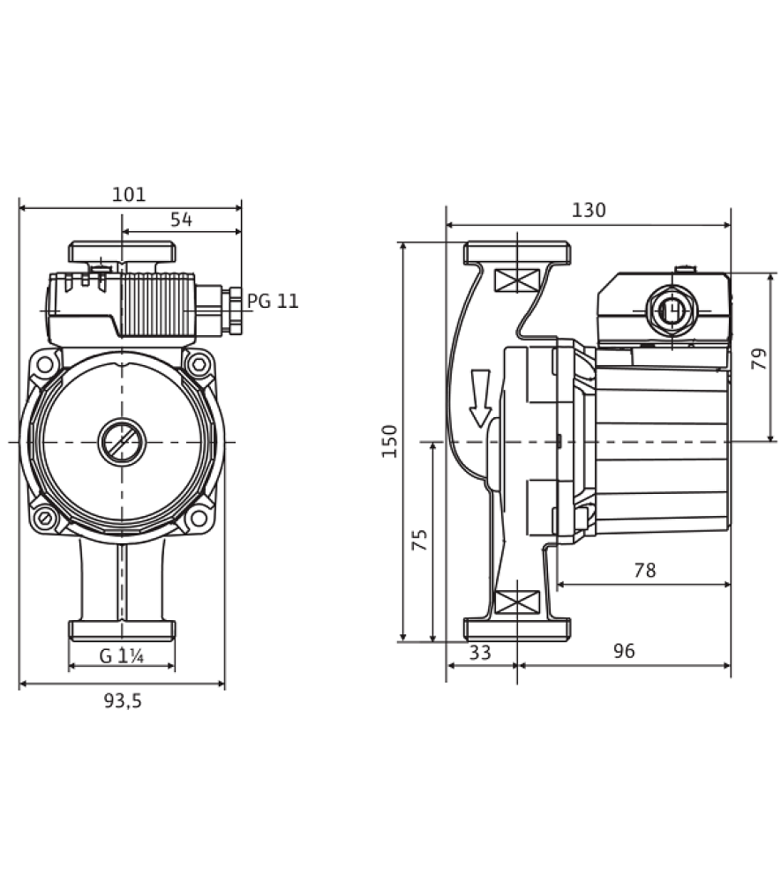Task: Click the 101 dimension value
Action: coord(129,195)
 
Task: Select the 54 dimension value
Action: coord(181,220)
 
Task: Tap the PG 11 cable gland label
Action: coord(273,301)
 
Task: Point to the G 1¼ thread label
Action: coord(122,656)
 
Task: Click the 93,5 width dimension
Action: coord(123,701)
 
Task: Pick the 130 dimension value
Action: coord(589,210)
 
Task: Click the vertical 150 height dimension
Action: coord(389,441)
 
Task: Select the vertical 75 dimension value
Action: coord(420,540)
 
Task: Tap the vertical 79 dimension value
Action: coord(759,359)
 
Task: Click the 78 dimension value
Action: coord(645,571)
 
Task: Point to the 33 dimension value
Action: coord(480,653)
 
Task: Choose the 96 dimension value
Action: coord(624,651)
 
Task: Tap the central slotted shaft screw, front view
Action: coord(122,442)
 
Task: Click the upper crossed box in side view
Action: coord(516,280)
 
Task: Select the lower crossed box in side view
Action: coord(516,602)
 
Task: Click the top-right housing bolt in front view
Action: coord(198,364)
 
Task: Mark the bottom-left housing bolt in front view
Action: coord(45,518)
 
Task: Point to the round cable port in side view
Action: coord(672,310)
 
